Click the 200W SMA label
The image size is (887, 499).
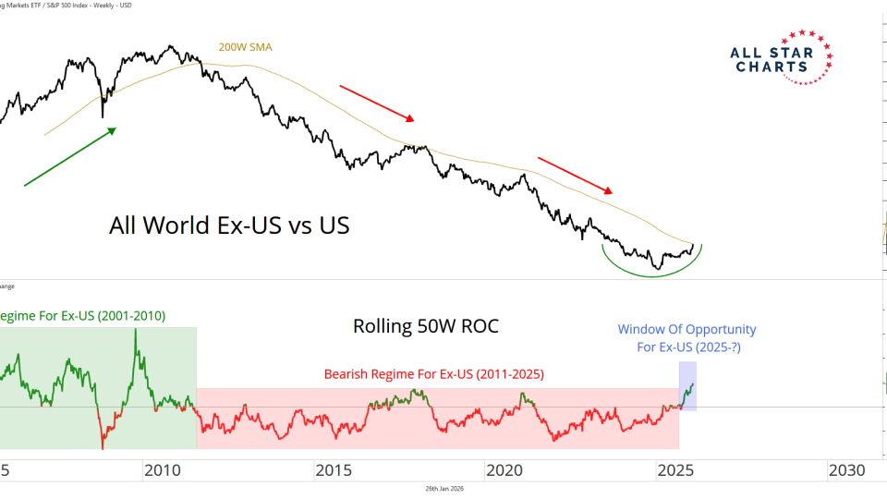(x=245, y=47)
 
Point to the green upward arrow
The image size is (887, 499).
(x=70, y=157)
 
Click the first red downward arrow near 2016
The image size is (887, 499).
(x=377, y=103)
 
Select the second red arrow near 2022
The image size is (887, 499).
(x=576, y=176)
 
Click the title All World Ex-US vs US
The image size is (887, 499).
(x=229, y=225)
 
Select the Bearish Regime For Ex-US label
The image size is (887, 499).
(x=433, y=374)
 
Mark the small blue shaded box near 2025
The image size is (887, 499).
(x=687, y=385)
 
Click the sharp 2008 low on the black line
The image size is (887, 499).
(x=103, y=116)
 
